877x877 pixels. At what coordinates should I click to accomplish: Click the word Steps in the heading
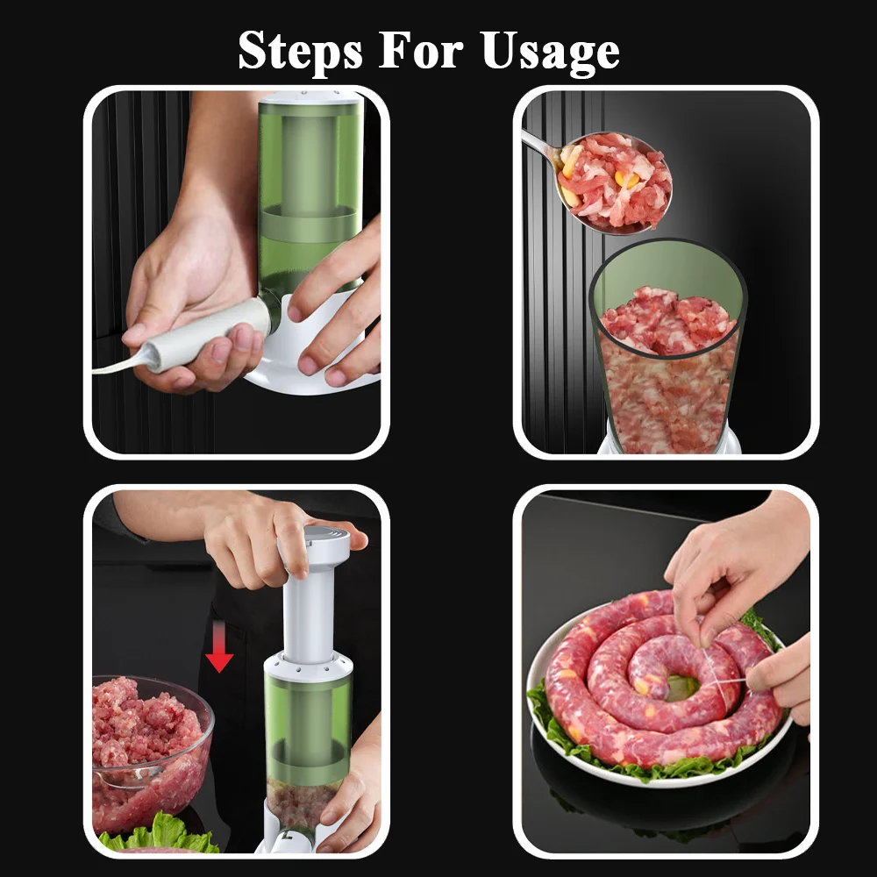(300, 51)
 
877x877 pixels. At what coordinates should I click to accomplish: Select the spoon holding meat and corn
(604, 179)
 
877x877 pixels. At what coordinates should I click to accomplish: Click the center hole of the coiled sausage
(681, 688)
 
